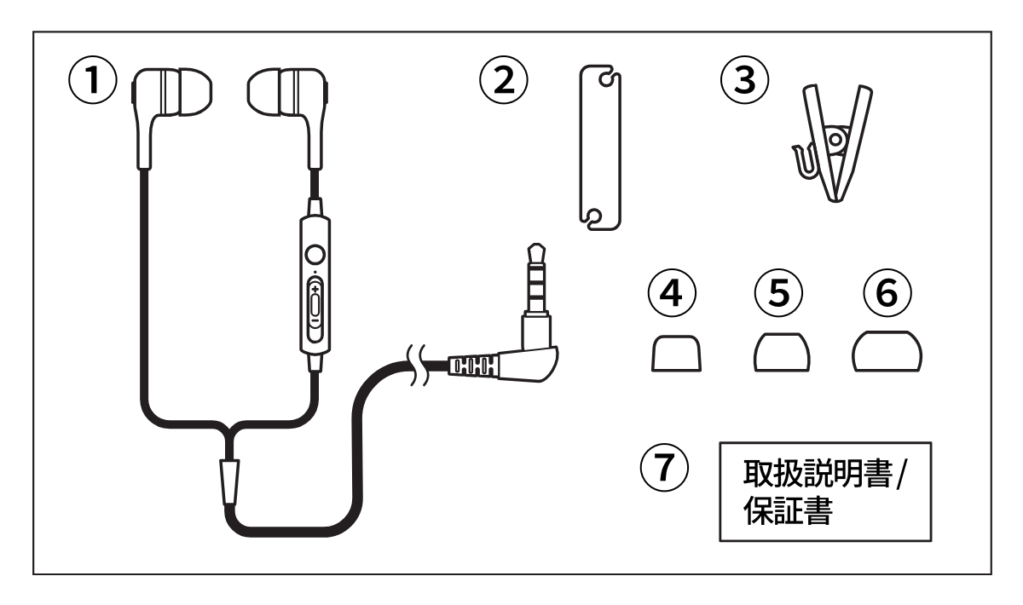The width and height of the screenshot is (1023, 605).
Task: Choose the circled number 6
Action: [887, 295]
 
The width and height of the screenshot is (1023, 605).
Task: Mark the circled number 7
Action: [665, 467]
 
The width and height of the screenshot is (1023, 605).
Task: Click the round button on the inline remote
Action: [315, 254]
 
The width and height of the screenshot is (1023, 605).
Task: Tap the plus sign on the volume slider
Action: [315, 291]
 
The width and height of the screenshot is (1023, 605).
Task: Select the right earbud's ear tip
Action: [269, 91]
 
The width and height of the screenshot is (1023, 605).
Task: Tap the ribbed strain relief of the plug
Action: [470, 367]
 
